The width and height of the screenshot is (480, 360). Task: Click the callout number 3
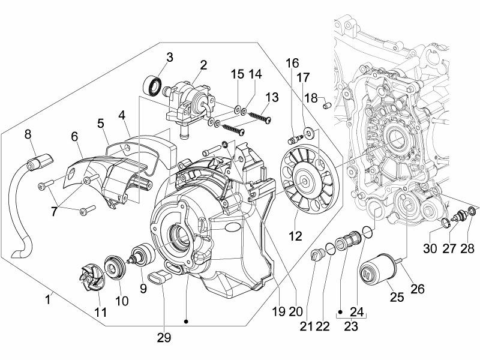(170, 58)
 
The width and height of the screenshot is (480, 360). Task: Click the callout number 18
(311, 98)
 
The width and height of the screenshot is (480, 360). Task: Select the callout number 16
(292, 63)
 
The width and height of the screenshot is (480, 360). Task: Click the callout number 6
(75, 137)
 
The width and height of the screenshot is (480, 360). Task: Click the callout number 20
(295, 311)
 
